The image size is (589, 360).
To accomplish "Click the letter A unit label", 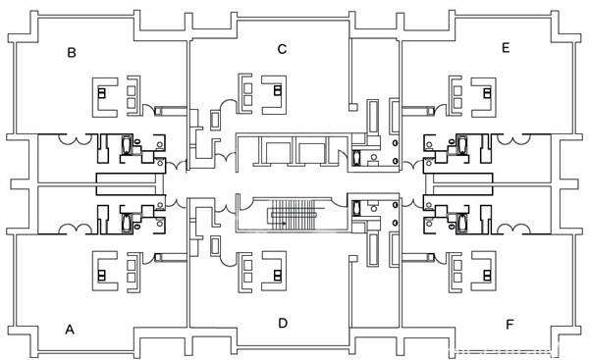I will [x=70, y=331].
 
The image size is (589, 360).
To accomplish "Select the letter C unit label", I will [x=282, y=48].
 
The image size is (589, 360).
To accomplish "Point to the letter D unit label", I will [x=282, y=323].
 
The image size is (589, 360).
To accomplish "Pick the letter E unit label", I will [x=506, y=47].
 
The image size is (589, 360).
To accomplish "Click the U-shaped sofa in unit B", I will [x=105, y=93].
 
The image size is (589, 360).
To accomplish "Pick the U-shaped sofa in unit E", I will [x=479, y=93].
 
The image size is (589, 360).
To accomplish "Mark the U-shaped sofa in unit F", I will [x=479, y=270].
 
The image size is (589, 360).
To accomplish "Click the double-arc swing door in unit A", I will [x=75, y=229].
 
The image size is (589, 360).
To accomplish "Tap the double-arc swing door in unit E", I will [x=509, y=141].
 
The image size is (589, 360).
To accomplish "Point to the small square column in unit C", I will [x=350, y=106].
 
